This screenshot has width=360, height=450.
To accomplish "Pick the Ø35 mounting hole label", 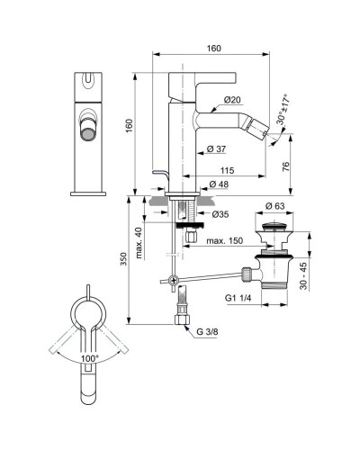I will (220, 213).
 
